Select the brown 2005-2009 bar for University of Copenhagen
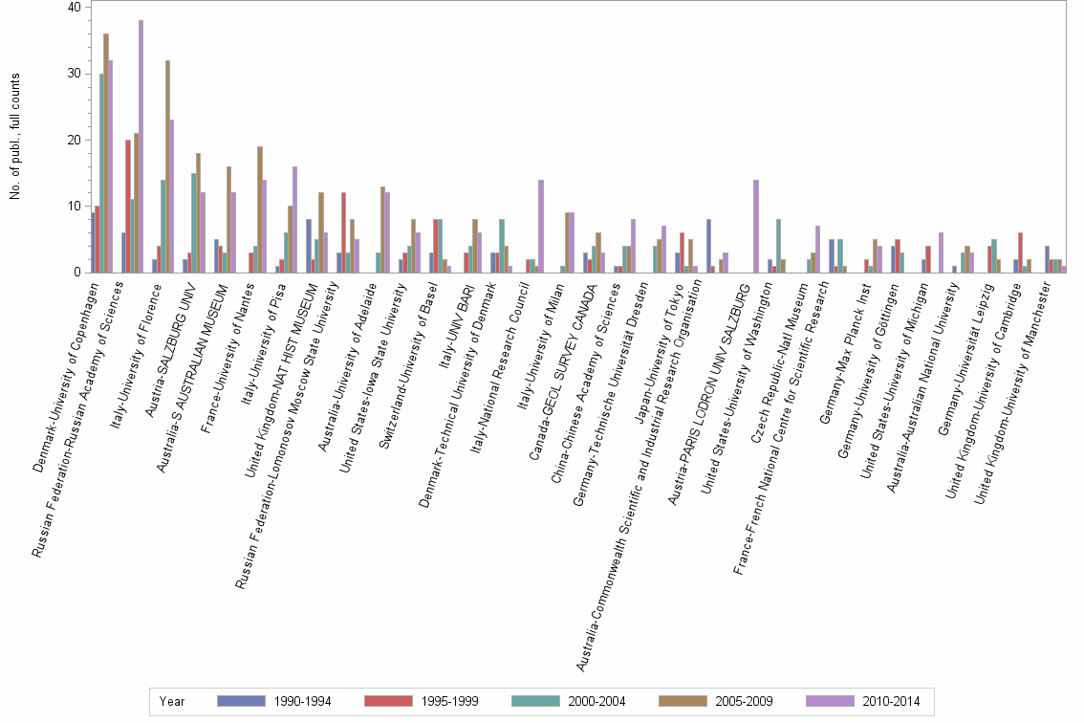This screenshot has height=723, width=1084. pyautogui.click(x=106, y=153)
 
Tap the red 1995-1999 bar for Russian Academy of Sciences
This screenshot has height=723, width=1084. pyautogui.click(x=128, y=206)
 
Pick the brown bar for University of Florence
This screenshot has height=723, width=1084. pyautogui.click(x=167, y=166)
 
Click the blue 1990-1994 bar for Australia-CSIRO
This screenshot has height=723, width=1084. pyautogui.click(x=707, y=246)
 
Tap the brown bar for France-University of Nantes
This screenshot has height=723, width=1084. pyautogui.click(x=260, y=209)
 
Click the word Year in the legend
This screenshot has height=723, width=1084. pyautogui.click(x=174, y=701)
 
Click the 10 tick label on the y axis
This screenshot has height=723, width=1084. pyautogui.click(x=76, y=206)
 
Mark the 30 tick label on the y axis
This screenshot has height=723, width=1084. pyautogui.click(x=76, y=73)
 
